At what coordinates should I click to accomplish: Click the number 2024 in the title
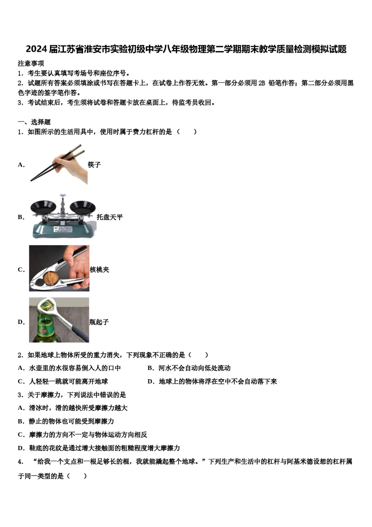[36, 49]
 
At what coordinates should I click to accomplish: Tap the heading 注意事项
[31, 64]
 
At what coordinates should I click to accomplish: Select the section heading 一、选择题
[34, 122]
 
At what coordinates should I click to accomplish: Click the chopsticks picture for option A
[59, 165]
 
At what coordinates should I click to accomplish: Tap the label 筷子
[94, 165]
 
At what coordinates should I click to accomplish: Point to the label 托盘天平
[110, 217]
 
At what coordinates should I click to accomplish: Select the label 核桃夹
[99, 270]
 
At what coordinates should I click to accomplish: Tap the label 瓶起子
[99, 322]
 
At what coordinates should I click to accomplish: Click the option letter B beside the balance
[21, 217]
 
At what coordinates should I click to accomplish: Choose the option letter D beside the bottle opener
[21, 322]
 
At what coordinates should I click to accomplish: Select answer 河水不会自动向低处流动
[194, 368]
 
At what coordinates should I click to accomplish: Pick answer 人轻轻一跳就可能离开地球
[69, 382]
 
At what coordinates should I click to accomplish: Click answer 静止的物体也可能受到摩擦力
[72, 422]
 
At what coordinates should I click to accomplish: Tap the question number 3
[20, 395]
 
